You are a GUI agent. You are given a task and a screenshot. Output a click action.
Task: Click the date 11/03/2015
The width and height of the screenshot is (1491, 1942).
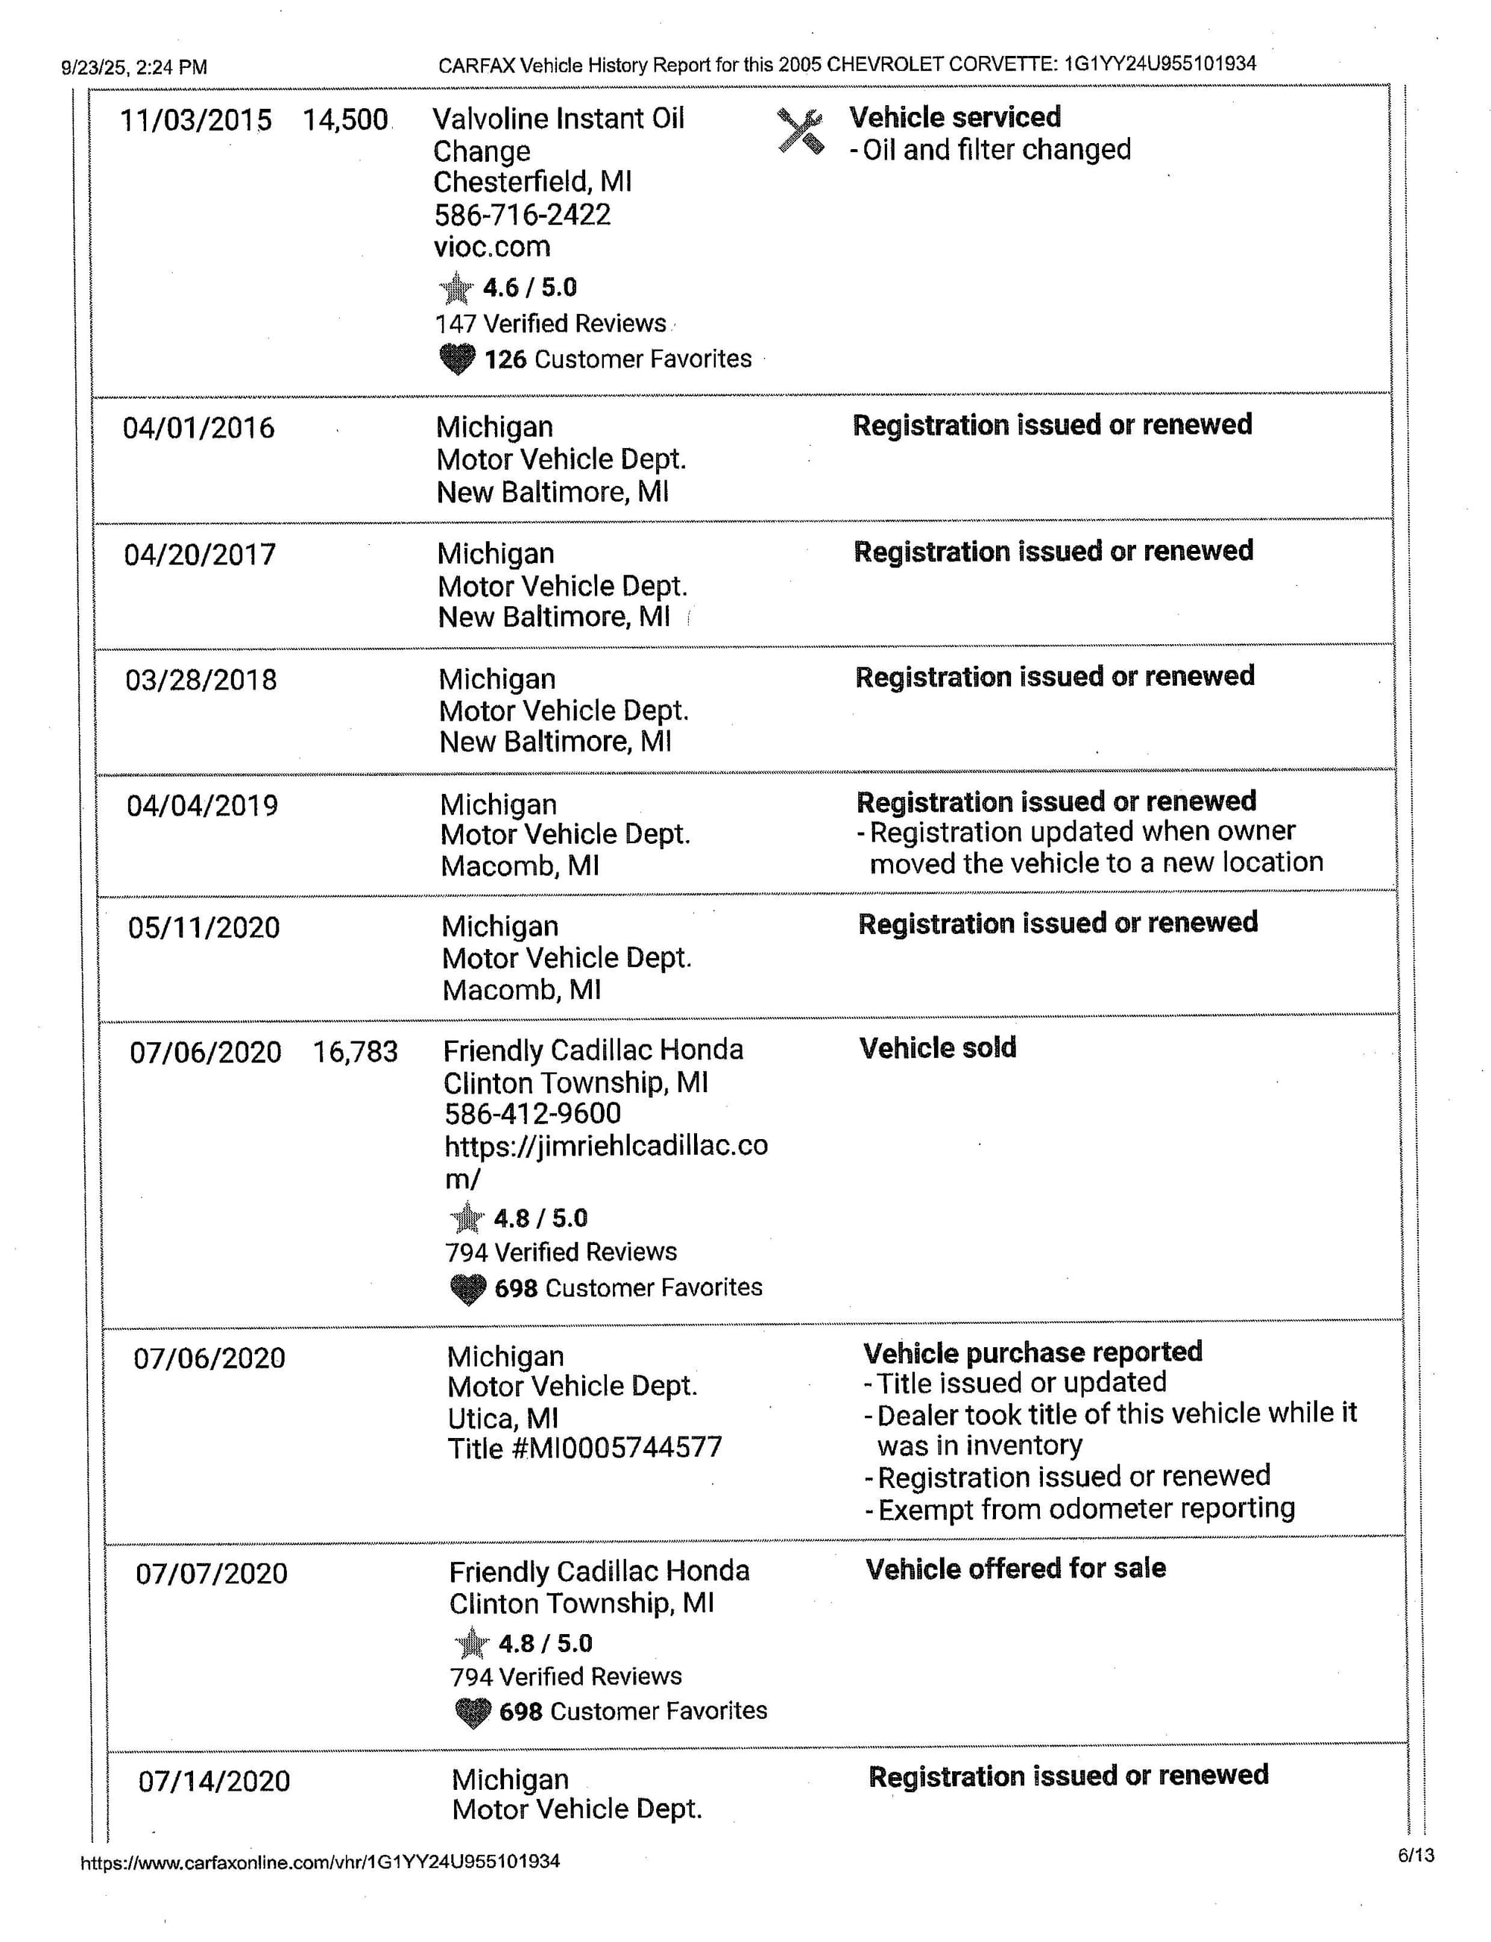tap(196, 120)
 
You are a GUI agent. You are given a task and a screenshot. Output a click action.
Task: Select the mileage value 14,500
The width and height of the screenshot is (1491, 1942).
tap(345, 120)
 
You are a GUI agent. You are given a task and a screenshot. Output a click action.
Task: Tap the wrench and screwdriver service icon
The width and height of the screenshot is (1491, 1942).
tap(800, 131)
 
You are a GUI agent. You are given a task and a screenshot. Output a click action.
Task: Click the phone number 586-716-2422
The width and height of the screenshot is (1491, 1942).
tap(522, 215)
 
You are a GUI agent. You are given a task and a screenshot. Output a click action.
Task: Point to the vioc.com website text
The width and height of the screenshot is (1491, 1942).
tap(492, 247)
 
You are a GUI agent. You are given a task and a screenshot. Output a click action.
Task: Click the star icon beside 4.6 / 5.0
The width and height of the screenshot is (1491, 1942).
tap(456, 288)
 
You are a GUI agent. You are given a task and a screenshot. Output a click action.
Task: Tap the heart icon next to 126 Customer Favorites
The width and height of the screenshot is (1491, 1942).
tap(457, 359)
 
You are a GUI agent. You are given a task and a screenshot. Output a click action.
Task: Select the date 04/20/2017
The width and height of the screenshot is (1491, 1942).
tap(200, 555)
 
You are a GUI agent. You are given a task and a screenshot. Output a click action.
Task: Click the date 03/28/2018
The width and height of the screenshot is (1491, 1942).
tap(201, 681)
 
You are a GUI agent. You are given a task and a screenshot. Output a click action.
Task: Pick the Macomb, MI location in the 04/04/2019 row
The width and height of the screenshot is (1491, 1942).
tap(520, 866)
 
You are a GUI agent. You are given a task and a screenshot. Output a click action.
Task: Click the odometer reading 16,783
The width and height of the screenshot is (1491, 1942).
tap(355, 1053)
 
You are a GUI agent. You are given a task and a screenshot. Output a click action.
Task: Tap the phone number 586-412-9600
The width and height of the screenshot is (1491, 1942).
tap(532, 1114)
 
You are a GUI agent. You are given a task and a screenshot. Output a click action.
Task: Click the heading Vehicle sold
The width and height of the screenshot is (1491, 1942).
tap(937, 1048)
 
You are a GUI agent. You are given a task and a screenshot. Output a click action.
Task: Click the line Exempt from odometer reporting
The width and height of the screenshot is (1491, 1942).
tap(1085, 1509)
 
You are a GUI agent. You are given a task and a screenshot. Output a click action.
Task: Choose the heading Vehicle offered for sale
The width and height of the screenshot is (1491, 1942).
tap(1015, 1569)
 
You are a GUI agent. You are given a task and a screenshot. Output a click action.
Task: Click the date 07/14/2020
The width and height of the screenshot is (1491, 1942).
tap(214, 1782)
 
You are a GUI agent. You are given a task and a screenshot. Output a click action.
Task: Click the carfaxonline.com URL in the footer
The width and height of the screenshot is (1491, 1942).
tap(321, 1862)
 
